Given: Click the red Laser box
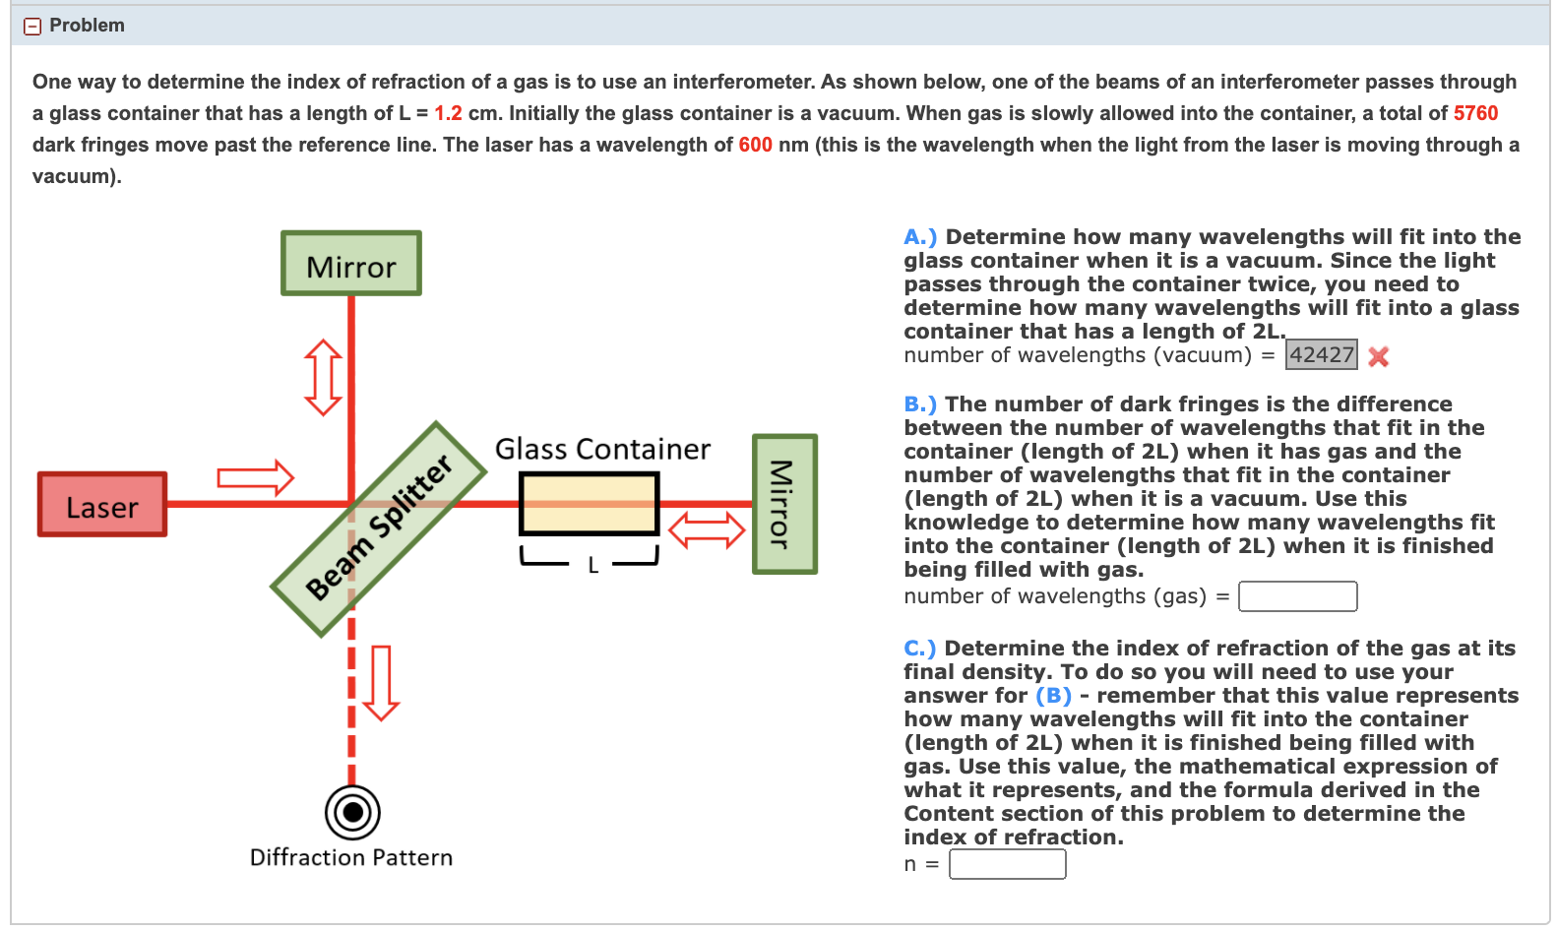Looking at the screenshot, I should tap(102, 505).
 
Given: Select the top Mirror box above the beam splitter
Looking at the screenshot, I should tap(351, 264).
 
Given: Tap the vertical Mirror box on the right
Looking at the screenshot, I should tap(784, 504).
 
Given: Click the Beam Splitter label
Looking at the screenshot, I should tap(379, 528).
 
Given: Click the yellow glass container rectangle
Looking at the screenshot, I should tap(589, 504).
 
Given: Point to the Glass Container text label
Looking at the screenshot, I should tap(602, 450).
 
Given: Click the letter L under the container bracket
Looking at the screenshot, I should tap(592, 566).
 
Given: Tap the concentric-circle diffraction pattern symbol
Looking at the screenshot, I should tap(352, 813).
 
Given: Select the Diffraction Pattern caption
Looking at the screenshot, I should tap(351, 858).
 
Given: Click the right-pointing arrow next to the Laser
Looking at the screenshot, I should tap(255, 478).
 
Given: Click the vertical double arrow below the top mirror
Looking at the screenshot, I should tap(323, 378).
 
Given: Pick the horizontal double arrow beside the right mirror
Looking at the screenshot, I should tap(707, 530).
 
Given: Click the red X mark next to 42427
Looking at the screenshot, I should tap(1379, 357).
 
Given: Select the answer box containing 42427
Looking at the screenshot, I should tap(1321, 355).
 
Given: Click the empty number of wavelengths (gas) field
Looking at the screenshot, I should tap(1297, 596).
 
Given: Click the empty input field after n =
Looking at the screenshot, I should tap(1007, 864).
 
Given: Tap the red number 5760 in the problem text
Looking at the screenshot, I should tap(1475, 113).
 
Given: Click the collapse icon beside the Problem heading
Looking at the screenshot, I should tap(32, 27).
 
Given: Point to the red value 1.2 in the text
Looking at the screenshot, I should tap(448, 113).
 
